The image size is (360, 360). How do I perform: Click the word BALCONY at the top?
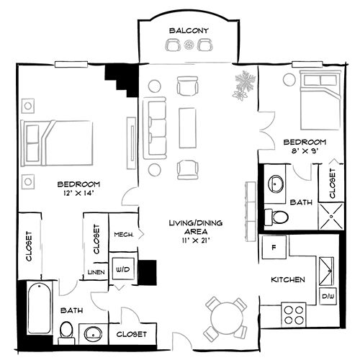(189, 30)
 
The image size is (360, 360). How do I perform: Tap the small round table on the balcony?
(189, 45)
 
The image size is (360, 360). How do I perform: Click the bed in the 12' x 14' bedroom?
(58, 138)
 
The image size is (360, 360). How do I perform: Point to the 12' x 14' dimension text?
(78, 192)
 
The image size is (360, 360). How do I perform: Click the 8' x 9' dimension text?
(305, 151)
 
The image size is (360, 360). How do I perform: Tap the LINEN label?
(96, 272)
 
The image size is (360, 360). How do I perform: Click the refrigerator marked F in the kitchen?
(274, 247)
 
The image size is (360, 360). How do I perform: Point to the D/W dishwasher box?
(328, 296)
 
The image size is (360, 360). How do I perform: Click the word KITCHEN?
(289, 279)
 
